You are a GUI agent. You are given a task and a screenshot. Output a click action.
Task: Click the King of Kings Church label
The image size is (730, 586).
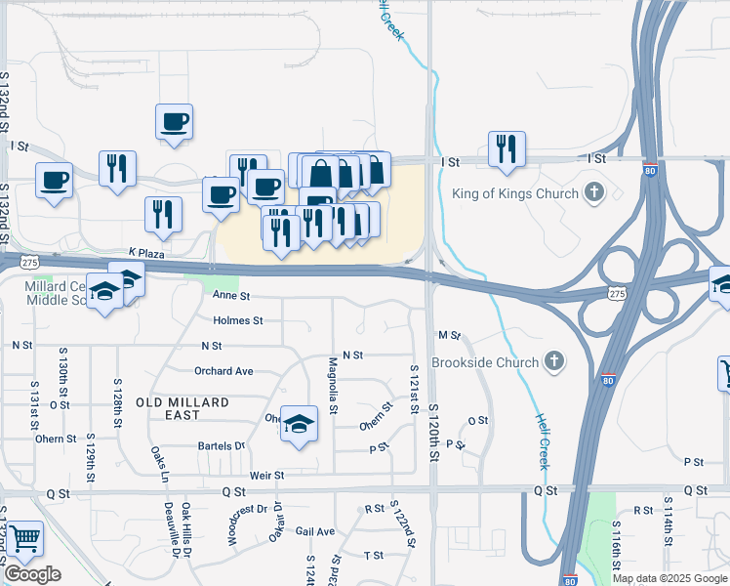[514, 193]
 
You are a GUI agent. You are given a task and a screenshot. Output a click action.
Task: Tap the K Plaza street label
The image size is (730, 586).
[145, 253]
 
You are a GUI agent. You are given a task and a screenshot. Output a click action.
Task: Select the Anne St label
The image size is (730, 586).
[231, 295]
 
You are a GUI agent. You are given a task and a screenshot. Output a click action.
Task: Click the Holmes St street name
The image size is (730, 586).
[237, 320]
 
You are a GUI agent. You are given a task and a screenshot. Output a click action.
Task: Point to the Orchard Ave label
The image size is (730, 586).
[223, 371]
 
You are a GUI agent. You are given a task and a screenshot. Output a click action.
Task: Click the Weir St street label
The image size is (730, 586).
[266, 476]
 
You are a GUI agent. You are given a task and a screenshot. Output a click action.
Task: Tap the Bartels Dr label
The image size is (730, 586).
[222, 445]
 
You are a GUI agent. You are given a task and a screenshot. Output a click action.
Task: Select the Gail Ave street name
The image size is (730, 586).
[315, 531]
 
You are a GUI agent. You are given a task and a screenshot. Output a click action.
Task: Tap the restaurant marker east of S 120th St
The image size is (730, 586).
[507, 148]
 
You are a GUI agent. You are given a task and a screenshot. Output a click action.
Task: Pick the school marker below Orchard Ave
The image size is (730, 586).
[300, 423]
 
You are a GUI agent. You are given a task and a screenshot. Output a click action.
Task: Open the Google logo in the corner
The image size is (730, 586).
[32, 574]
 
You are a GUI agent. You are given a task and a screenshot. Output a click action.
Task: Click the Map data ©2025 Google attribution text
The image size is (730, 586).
[669, 578]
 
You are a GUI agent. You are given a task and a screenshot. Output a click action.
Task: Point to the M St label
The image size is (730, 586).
[449, 335]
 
